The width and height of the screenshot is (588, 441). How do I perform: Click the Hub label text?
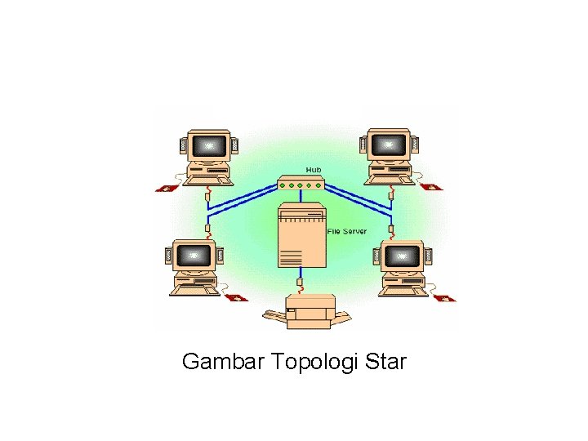point(314,169)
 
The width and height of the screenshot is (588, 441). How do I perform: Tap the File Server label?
point(346,231)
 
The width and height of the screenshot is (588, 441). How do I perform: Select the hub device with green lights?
point(301,184)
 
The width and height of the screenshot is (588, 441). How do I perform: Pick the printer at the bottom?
point(308,311)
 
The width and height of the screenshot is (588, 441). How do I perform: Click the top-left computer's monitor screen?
point(211,146)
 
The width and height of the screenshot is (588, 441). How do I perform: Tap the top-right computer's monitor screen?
point(388,146)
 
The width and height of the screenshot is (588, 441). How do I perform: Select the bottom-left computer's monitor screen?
point(193,256)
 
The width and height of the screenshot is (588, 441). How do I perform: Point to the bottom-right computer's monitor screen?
point(402,256)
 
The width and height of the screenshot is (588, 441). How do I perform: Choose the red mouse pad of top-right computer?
point(432,186)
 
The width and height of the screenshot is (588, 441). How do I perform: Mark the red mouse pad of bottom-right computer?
point(445,298)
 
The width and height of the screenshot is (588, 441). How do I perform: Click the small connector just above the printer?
point(300,283)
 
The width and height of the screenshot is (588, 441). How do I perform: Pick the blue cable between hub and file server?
point(301,197)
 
